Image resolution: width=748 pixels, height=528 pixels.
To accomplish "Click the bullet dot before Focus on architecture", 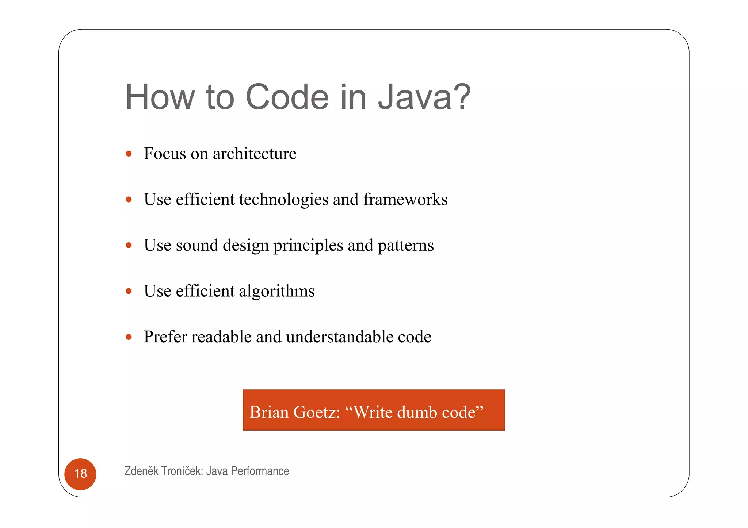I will (x=129, y=154).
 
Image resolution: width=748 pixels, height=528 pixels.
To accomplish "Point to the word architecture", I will (x=255, y=154).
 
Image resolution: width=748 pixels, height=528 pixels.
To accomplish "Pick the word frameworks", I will (x=405, y=200).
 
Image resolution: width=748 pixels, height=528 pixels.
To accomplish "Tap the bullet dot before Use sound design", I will (x=129, y=245).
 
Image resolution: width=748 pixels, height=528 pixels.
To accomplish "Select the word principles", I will (x=308, y=246).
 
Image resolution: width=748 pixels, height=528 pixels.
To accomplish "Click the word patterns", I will (x=405, y=245).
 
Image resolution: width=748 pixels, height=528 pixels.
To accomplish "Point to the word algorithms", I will (x=276, y=291).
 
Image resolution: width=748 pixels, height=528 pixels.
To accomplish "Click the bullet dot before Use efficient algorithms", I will (x=129, y=291).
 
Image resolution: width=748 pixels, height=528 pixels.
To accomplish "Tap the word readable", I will (x=221, y=337).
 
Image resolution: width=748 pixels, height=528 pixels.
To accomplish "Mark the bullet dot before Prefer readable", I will (x=129, y=337).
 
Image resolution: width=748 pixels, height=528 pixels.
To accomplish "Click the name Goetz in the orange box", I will (x=316, y=412).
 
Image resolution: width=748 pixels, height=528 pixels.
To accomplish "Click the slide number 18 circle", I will (x=80, y=474).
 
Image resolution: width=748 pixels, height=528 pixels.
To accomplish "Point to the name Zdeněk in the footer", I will (x=141, y=471).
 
